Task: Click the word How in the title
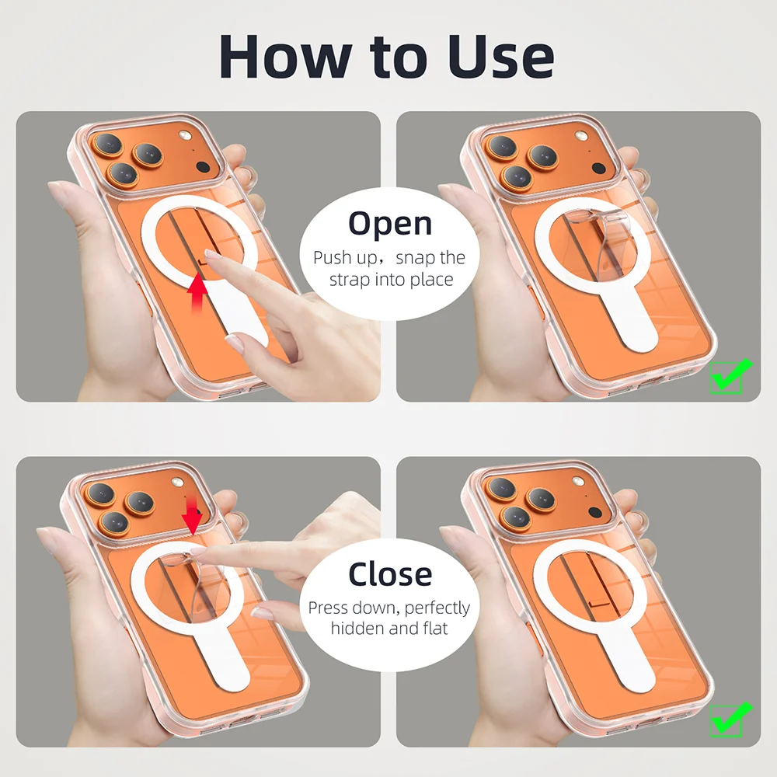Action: click(x=284, y=56)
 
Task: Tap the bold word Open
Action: click(x=390, y=223)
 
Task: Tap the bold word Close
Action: click(x=390, y=574)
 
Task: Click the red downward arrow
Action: click(x=192, y=514)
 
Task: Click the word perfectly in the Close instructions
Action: click(x=437, y=608)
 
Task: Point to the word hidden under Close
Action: click(x=358, y=628)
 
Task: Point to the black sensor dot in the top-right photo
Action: click(x=598, y=167)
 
